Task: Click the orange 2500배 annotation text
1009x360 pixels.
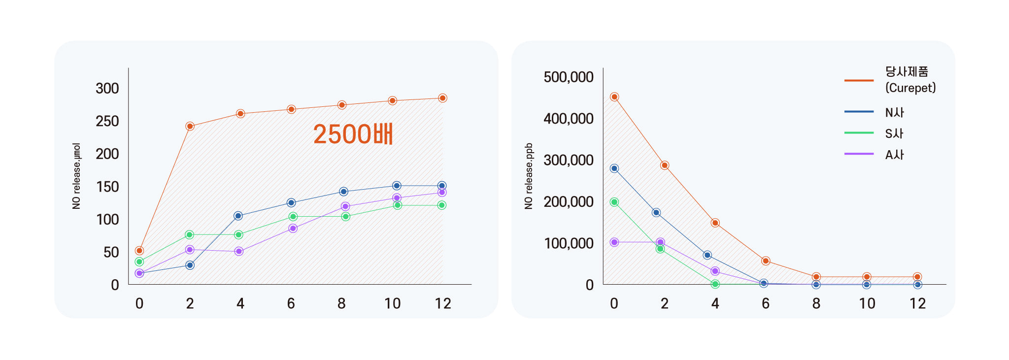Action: [x=353, y=134]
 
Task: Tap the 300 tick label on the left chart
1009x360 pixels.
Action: [x=107, y=89]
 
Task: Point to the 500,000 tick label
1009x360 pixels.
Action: [x=569, y=77]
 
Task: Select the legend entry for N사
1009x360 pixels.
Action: [x=894, y=112]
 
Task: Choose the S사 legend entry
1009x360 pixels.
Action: [x=894, y=133]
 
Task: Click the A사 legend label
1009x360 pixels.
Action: [x=894, y=155]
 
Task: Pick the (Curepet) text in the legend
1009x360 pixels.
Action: [x=910, y=88]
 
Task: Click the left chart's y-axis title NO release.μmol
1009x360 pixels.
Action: [x=76, y=176]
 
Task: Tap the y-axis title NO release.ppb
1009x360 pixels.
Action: [x=529, y=176]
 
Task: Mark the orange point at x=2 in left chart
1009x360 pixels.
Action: [x=190, y=126]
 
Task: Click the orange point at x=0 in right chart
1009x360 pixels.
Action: [x=614, y=97]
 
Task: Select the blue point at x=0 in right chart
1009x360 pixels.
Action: [x=614, y=168]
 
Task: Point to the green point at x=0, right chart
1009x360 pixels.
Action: [x=614, y=202]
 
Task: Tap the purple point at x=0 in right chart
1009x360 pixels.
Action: [x=614, y=242]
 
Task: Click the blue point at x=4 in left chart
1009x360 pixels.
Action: [x=238, y=216]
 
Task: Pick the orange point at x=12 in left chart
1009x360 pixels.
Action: [x=442, y=98]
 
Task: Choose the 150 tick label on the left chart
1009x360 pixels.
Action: [x=107, y=187]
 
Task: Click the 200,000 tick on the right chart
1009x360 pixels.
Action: [x=569, y=202]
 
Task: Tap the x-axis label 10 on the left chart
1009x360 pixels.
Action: [x=392, y=303]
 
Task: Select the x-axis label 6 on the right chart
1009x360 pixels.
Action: [x=765, y=303]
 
